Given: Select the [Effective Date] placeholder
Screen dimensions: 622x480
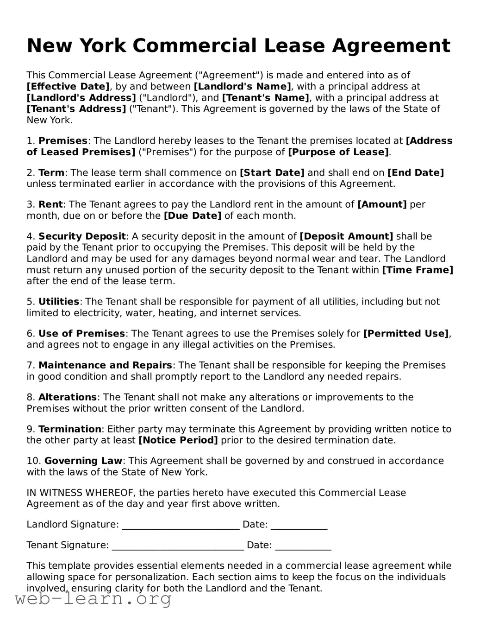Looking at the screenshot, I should (68, 87).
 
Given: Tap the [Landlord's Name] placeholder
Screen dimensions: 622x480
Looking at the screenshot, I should (243, 87).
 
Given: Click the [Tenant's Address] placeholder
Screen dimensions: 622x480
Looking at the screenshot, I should (76, 109).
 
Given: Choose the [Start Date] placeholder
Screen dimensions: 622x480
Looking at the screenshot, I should (272, 173).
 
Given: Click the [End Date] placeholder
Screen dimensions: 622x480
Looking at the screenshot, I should (415, 173).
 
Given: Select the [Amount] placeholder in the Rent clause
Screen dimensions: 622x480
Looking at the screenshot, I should (382, 204).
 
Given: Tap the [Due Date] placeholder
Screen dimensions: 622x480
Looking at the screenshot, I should (193, 216).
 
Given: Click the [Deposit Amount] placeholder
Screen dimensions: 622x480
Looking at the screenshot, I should (346, 236).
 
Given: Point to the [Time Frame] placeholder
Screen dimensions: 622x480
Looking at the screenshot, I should (418, 270).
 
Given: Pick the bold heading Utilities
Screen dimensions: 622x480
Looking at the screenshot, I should (59, 302).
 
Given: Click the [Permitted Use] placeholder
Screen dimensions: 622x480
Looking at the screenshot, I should (406, 334).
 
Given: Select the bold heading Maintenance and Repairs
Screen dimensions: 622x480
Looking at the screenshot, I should (105, 365).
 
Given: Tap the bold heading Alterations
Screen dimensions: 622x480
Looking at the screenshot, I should (68, 397).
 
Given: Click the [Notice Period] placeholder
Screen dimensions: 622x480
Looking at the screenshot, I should (178, 440).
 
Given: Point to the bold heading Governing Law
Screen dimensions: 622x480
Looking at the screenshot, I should (83, 461).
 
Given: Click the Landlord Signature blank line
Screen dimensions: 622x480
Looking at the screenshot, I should (181, 525).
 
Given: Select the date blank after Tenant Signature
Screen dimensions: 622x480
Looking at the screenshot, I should (303, 546).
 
